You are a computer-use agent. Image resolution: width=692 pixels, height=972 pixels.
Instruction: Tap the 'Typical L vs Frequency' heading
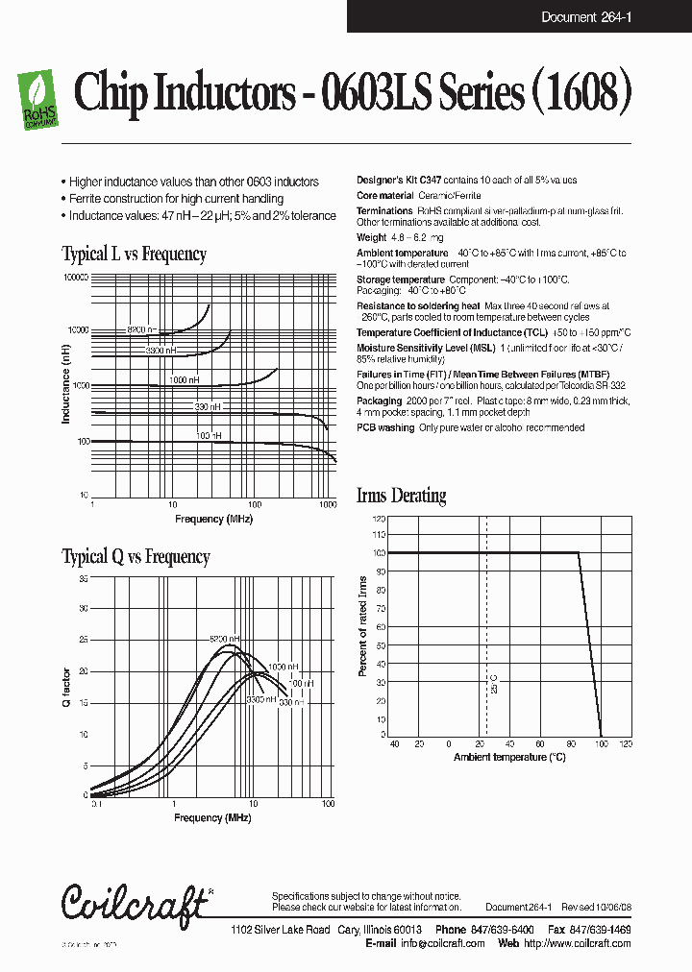point(134,255)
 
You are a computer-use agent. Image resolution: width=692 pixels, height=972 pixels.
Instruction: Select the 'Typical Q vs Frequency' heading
point(136,557)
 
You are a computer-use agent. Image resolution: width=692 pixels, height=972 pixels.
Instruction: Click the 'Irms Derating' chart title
point(401,496)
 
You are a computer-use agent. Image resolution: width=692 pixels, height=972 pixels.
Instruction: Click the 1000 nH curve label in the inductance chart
point(184,380)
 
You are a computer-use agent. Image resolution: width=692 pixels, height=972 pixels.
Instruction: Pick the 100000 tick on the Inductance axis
point(75,277)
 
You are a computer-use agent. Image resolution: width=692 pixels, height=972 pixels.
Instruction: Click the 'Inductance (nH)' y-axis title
point(66,385)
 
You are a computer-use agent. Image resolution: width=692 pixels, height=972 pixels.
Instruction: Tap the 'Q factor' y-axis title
point(66,686)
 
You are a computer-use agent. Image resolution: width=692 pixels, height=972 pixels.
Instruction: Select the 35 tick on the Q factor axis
point(83,579)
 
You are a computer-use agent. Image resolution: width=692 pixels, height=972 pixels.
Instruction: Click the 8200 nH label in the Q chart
point(224,639)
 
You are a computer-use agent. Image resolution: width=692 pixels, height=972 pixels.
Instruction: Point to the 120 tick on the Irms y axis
point(379,518)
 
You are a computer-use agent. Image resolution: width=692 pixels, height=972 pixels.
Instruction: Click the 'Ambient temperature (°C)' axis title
point(509,757)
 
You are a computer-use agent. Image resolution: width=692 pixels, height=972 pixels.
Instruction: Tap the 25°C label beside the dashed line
point(494,684)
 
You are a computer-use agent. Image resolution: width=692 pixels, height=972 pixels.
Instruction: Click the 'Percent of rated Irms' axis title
point(362,626)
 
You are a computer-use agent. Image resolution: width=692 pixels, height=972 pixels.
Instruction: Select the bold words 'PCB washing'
point(385,427)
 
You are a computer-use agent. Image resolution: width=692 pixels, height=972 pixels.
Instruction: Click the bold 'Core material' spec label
point(385,195)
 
